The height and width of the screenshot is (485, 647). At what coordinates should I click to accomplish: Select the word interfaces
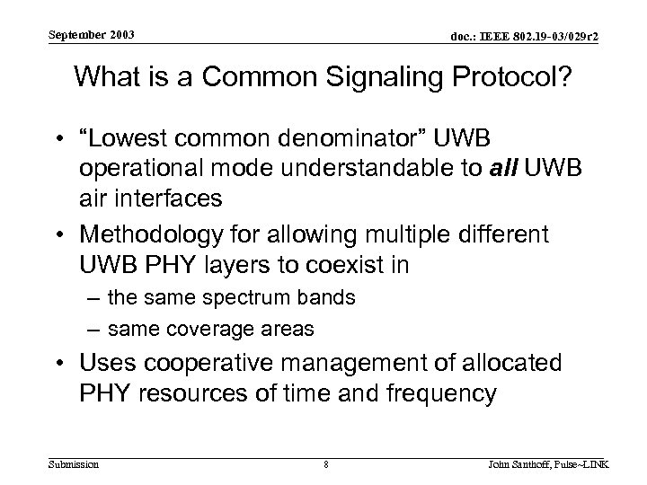159,196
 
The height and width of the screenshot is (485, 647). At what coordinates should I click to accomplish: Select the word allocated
514,364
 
